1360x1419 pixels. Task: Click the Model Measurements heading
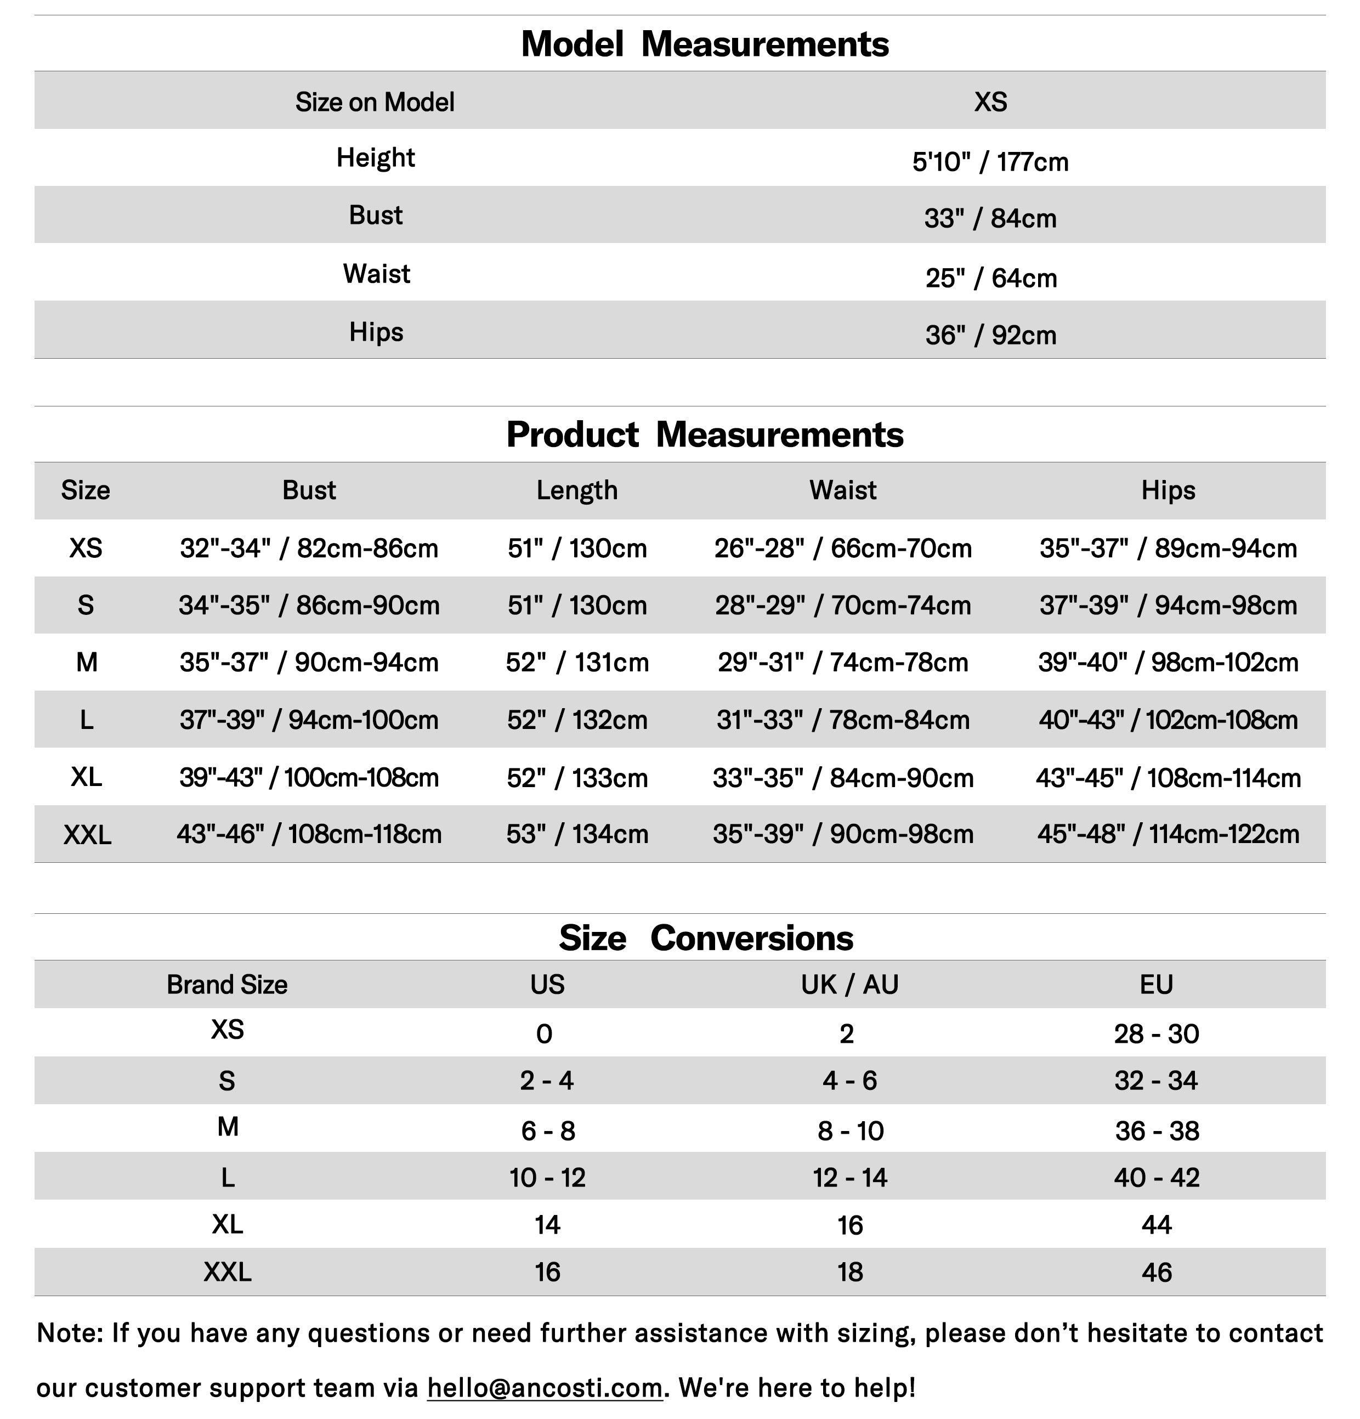704,44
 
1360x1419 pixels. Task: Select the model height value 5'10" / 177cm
989,161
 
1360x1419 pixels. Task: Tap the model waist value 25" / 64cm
991,278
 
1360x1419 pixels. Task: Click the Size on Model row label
374,102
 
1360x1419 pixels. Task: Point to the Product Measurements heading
704,434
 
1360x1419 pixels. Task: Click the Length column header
577,490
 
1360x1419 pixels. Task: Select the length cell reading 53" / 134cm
577,834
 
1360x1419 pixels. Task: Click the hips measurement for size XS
1168,548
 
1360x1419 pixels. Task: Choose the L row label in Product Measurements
86,720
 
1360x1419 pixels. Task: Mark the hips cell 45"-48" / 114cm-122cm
1168,834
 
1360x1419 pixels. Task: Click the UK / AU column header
849,985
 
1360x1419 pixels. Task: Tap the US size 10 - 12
547,1178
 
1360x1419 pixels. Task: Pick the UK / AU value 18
850,1272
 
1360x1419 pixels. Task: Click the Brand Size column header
226,985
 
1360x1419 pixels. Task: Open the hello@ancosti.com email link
545,1387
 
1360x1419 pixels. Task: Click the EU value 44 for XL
1156,1225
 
